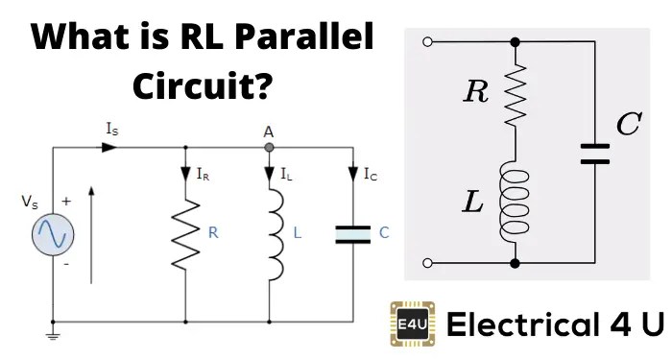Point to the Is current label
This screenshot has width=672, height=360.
112,127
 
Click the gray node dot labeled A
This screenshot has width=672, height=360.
270,148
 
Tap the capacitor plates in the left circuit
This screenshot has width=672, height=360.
351,233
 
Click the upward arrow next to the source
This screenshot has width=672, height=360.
92,235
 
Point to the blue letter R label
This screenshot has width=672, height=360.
213,232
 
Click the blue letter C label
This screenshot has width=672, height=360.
384,232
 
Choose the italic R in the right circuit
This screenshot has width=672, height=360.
476,92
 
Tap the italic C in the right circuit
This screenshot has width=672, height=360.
628,125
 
